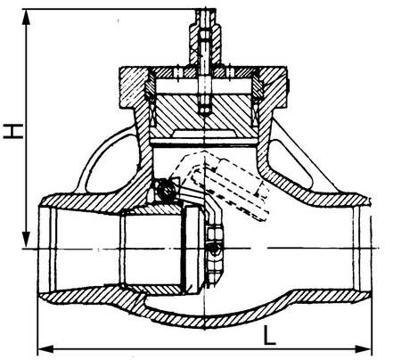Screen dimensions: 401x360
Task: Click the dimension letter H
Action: [13, 131]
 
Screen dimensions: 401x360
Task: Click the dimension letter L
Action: [270, 335]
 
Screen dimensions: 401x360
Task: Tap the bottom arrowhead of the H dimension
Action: [27, 239]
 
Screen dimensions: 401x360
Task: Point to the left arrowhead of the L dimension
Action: [46, 349]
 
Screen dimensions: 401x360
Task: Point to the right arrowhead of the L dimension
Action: [363, 349]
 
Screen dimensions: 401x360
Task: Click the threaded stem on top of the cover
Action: [205, 37]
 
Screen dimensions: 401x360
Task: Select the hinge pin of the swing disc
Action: [166, 189]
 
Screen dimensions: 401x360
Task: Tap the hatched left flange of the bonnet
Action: [133, 87]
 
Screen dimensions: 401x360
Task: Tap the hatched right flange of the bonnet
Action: [274, 87]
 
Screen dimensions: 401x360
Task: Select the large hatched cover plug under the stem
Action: [205, 114]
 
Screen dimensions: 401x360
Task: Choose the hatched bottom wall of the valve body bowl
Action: [208, 319]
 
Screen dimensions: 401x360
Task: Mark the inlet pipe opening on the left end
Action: [46, 249]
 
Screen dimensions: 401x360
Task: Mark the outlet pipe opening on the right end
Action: [362, 249]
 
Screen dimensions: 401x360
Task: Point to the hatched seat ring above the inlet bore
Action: [151, 209]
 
